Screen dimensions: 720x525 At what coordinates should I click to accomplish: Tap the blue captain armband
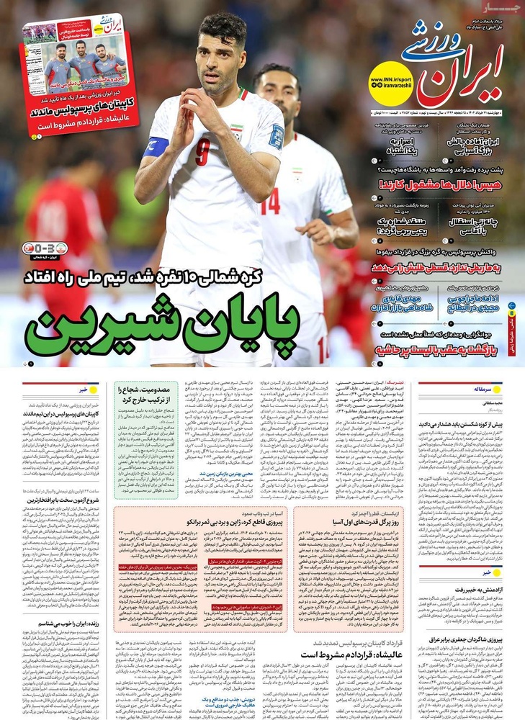pyautogui.click(x=156, y=147)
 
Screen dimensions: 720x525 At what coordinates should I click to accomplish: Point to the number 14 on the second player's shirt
pyautogui.click(x=269, y=201)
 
